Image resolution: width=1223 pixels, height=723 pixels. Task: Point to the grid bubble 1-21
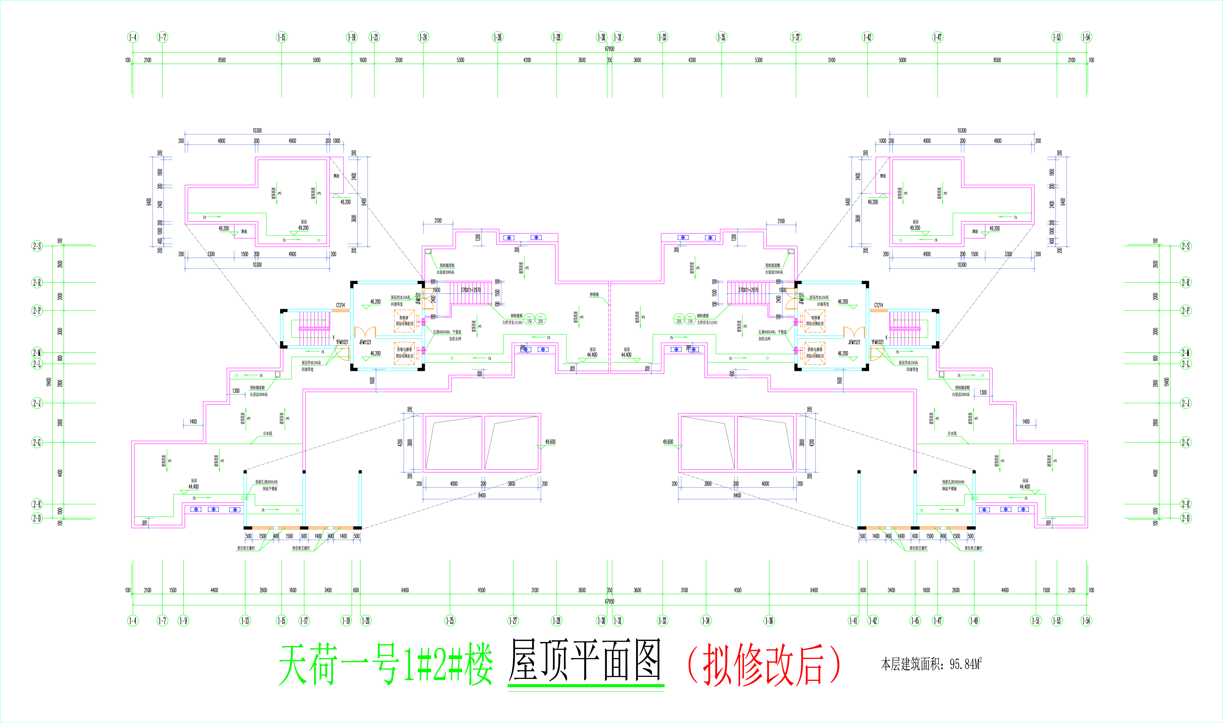click(374, 37)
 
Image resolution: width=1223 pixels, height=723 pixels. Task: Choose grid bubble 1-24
click(423, 37)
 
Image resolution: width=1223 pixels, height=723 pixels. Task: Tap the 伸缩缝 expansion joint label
click(594, 295)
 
